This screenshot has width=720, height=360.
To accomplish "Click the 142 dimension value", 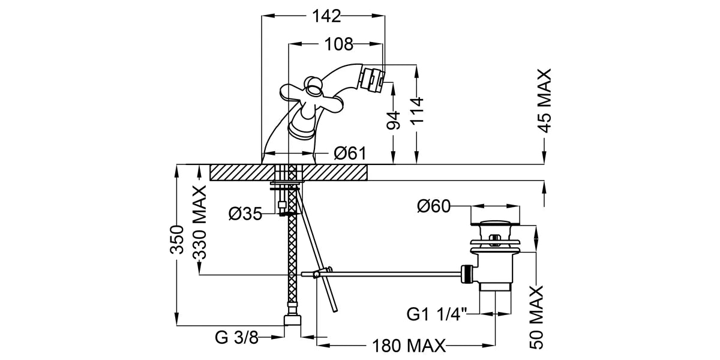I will coord(326,16).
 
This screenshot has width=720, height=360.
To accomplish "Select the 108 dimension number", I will coord(338,44).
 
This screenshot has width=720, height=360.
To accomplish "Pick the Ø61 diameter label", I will coord(350,154).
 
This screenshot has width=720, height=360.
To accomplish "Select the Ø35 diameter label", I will coord(245,214).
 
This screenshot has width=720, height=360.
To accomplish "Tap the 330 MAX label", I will coord(199,222).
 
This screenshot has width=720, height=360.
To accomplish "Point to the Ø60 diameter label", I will coord(434,206).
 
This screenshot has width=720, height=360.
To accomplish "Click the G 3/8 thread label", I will coord(236,338).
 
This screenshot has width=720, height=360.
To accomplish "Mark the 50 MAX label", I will coord(536,318).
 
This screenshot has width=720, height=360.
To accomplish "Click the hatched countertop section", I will coord(288,172).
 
